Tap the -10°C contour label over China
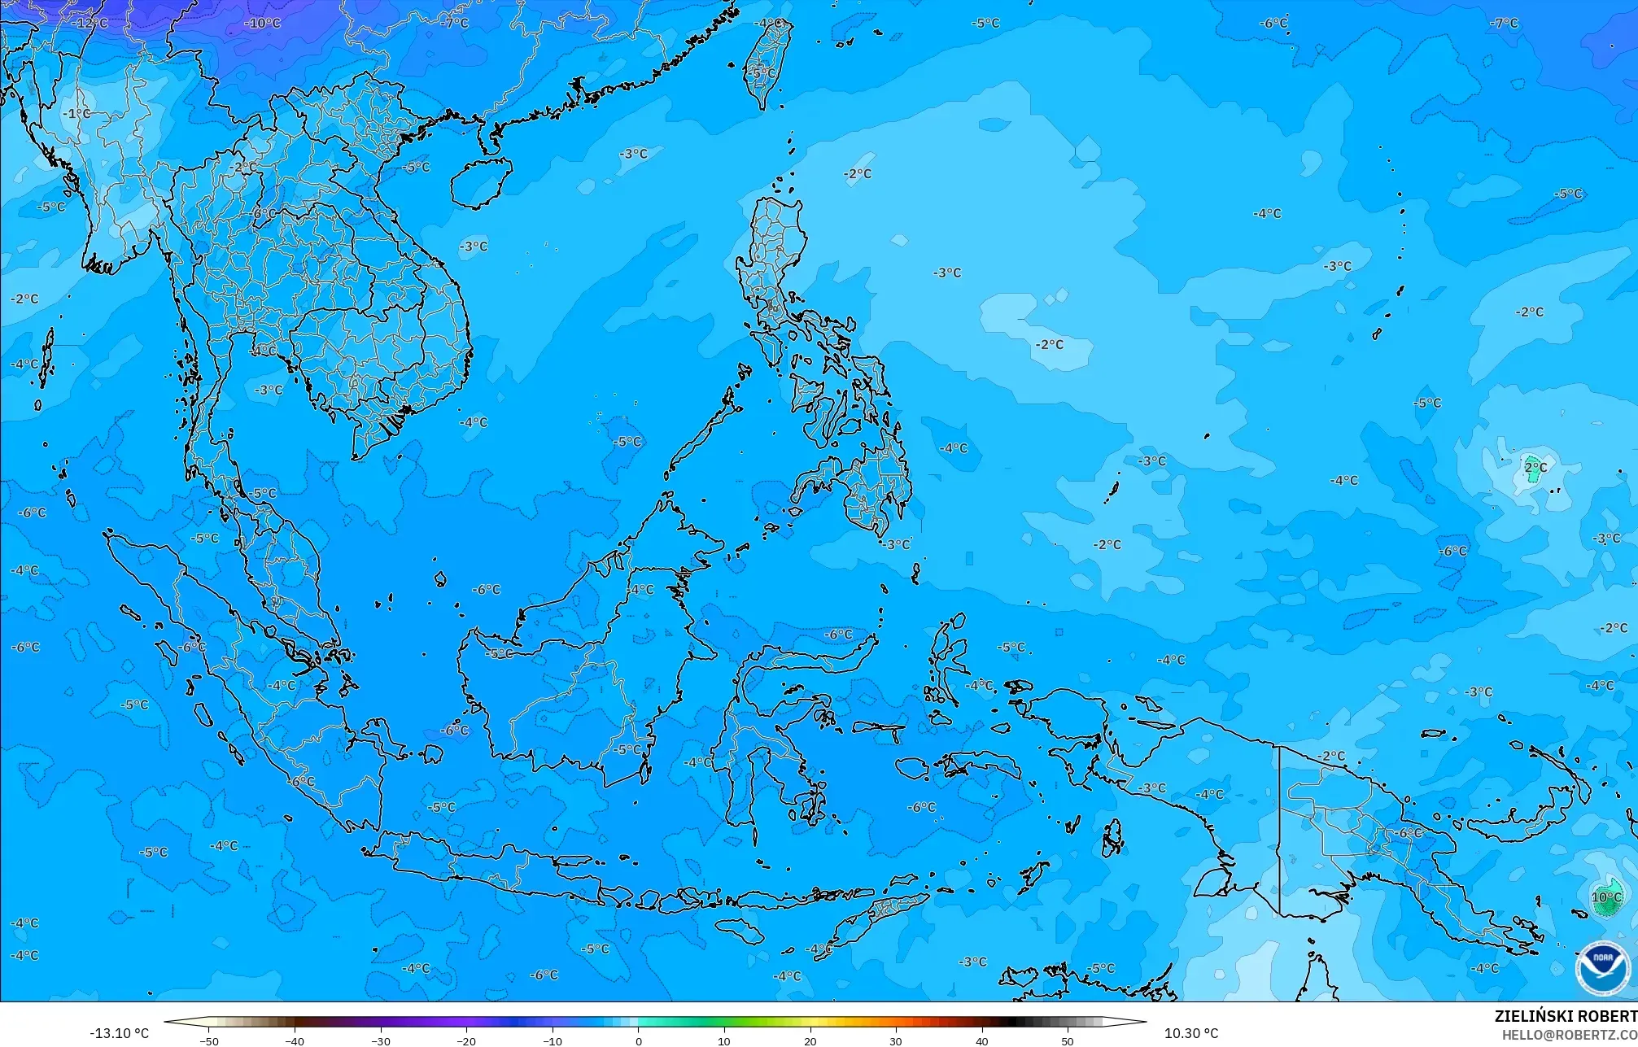pyautogui.click(x=262, y=23)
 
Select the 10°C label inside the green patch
pyautogui.click(x=1605, y=897)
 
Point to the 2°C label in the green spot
pyautogui.click(x=1535, y=468)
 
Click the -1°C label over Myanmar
pyautogui.click(x=76, y=113)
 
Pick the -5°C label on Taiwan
pyautogui.click(x=762, y=72)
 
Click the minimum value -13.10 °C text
pyautogui.click(x=119, y=1033)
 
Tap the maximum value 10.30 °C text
pyautogui.click(x=1190, y=1033)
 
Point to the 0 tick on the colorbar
pyautogui.click(x=638, y=1040)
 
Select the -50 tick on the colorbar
pyautogui.click(x=209, y=1040)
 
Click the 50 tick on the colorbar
pyautogui.click(x=1067, y=1040)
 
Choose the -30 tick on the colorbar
pyautogui.click(x=381, y=1040)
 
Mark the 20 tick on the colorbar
pyautogui.click(x=810, y=1040)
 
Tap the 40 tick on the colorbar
pyautogui.click(x=981, y=1040)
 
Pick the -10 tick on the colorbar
pyautogui.click(x=553, y=1040)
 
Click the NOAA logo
pyautogui.click(x=1602, y=967)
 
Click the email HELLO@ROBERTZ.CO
pyautogui.click(x=1569, y=1035)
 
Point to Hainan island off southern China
pyautogui.click(x=480, y=182)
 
